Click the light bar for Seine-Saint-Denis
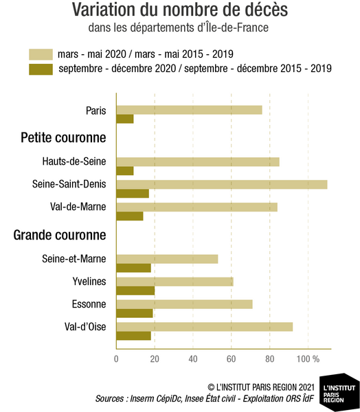[x=222, y=185]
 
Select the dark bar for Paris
[x=125, y=119]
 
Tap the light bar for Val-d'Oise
[x=205, y=327]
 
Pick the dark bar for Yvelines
[x=135, y=291]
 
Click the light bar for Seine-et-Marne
[x=167, y=259]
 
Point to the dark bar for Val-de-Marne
[x=130, y=216]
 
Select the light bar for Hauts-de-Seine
[x=198, y=162]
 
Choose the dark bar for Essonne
[x=135, y=314]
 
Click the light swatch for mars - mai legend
[x=41, y=54]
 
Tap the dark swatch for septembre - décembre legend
[x=41, y=69]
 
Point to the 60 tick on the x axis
[x=231, y=359]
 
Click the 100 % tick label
[x=308, y=359]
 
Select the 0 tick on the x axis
[x=116, y=359]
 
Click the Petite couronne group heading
[x=63, y=137]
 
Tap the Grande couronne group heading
[x=60, y=235]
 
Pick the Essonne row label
[x=89, y=304]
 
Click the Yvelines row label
[x=89, y=282]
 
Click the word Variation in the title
[x=104, y=10]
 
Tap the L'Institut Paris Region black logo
[x=339, y=391]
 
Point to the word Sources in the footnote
[x=109, y=398]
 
